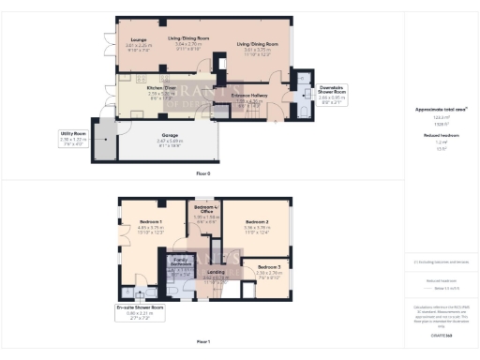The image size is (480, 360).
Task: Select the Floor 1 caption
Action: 202,342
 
